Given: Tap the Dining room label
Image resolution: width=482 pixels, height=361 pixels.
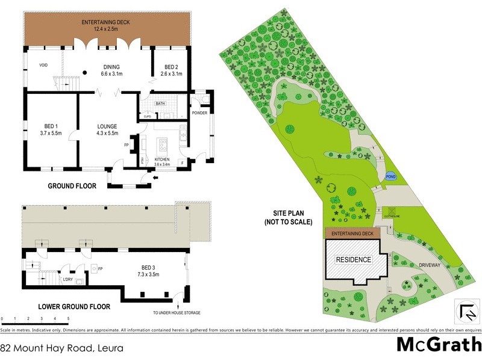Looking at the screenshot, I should (111, 70).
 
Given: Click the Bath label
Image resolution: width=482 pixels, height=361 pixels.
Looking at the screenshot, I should (160, 103).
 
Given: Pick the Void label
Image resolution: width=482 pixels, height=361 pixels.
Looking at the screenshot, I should (43, 66).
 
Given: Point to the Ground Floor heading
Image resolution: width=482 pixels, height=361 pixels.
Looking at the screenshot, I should (72, 187).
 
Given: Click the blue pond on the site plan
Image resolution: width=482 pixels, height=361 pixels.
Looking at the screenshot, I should (390, 176).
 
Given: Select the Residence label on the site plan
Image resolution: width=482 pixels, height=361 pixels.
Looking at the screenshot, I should (354, 260).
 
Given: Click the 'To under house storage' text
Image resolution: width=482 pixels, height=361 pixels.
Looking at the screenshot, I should (177, 313).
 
